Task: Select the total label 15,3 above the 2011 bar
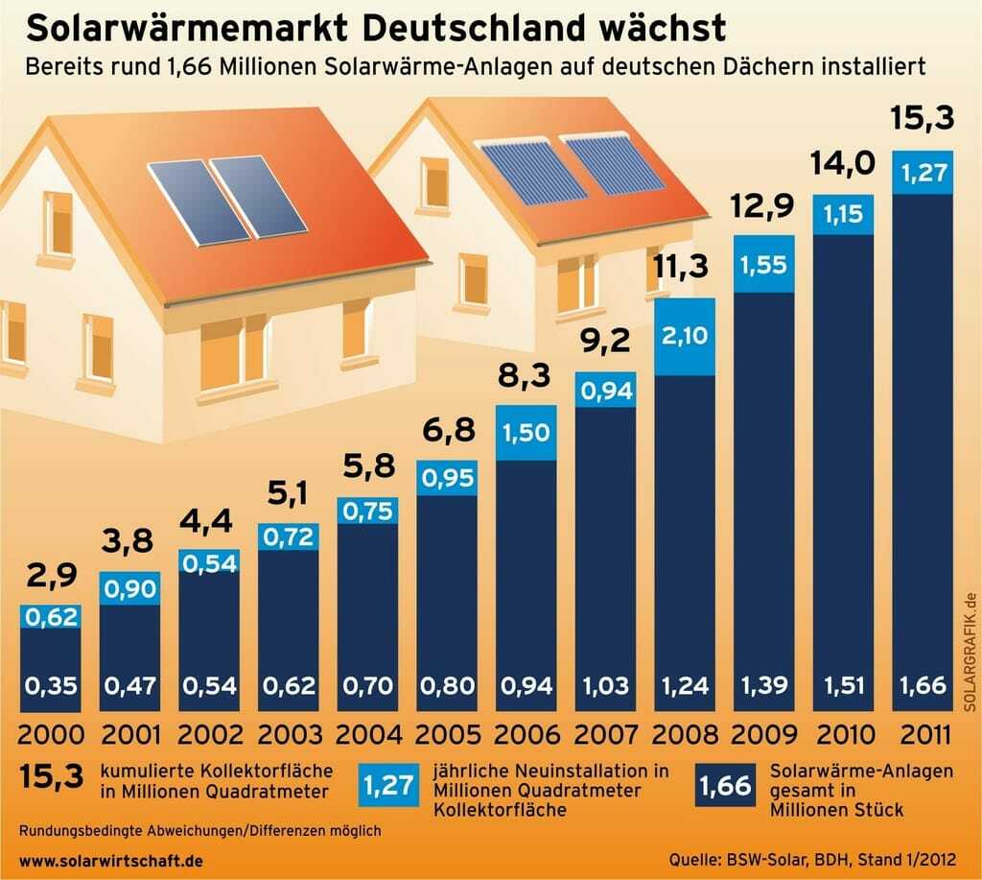923,121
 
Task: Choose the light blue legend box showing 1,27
388,787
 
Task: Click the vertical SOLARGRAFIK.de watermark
969,654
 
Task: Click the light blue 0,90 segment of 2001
129,588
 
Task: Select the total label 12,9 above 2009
764,205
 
